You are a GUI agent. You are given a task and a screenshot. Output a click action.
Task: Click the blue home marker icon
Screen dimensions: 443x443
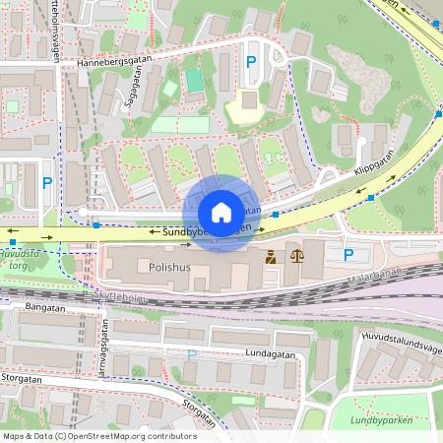coord(221,212)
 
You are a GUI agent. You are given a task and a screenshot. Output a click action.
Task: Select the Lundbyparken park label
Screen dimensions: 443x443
coord(380,421)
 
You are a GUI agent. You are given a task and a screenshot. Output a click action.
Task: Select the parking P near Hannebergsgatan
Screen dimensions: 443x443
coord(251,61)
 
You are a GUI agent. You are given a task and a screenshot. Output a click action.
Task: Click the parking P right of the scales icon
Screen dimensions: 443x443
coord(348,255)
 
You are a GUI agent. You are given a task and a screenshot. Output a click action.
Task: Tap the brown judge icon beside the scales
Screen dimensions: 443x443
coord(270,257)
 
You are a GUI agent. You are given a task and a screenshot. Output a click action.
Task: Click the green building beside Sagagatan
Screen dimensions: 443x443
coord(194,80)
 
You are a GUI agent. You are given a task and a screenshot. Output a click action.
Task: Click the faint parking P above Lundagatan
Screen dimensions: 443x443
coord(192,354)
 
